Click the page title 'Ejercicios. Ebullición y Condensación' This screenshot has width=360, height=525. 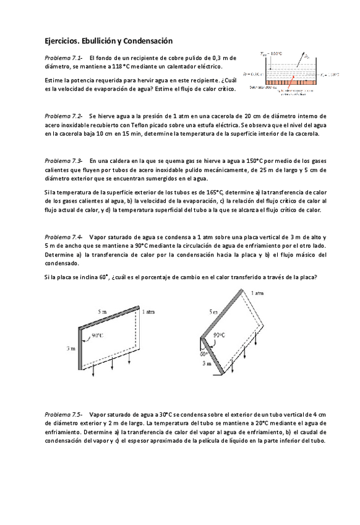click(108, 39)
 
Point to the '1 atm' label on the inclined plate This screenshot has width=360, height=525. click(257, 291)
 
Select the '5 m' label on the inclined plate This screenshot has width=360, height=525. click(213, 313)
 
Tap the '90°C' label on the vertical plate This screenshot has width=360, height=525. click(97, 336)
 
